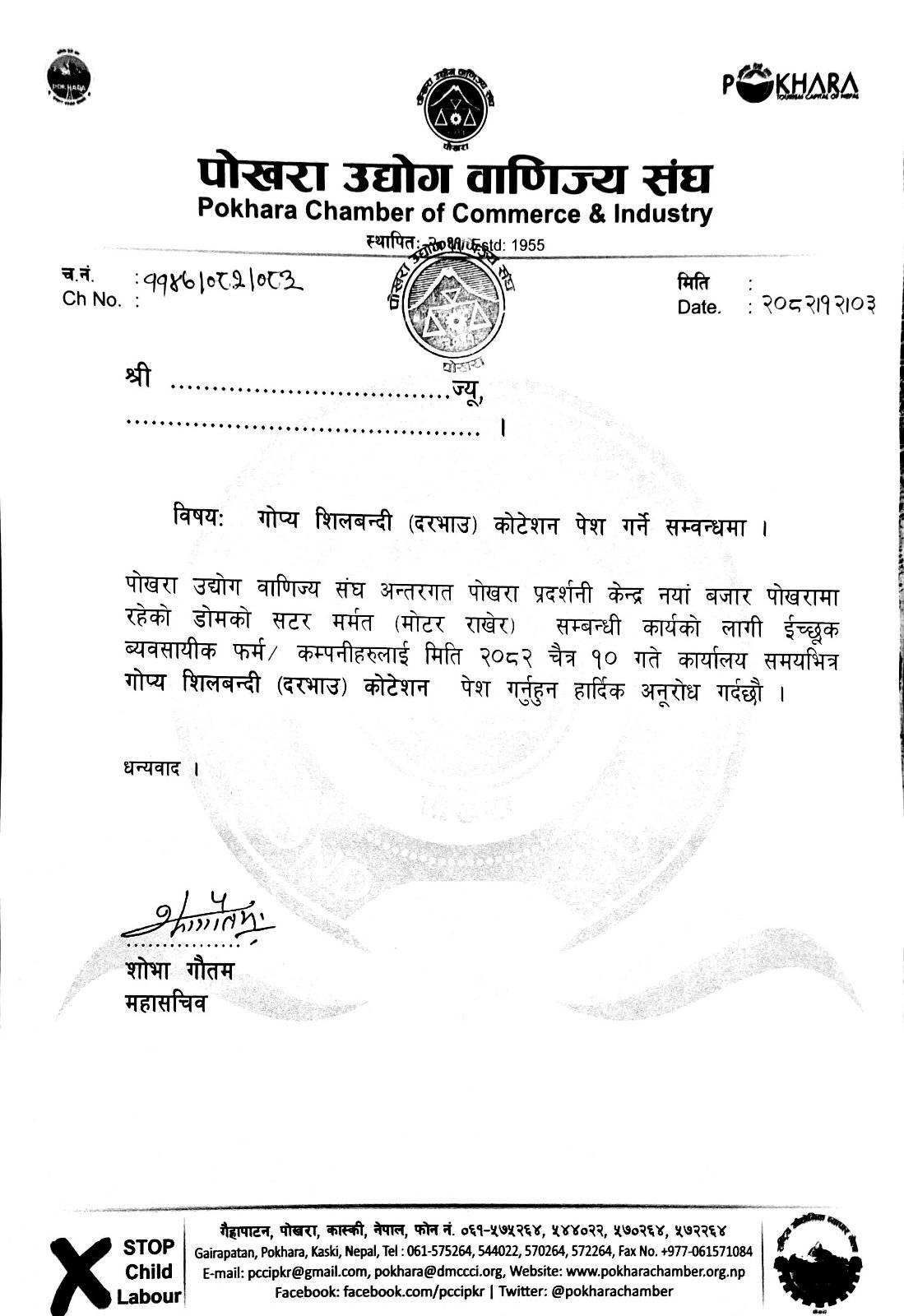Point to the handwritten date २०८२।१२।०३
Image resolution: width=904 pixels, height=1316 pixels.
coord(817,304)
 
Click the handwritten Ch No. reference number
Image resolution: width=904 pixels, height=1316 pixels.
coord(219,282)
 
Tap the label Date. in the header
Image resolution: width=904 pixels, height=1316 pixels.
coord(699,308)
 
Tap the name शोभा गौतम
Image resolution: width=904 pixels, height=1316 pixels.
coord(179,971)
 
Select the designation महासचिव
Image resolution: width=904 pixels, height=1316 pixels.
coord(165,1003)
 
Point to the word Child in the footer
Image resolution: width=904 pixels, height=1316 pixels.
coord(149,1272)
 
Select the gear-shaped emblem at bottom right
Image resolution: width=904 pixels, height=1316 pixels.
coord(809,1267)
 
